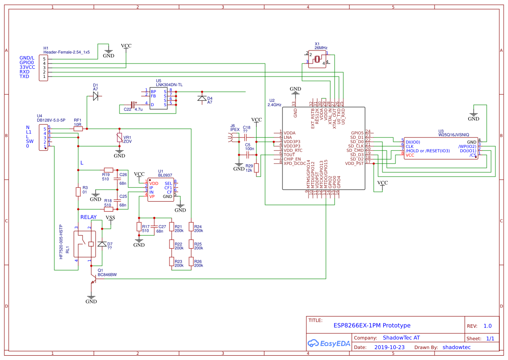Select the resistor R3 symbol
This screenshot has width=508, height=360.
click(78, 191)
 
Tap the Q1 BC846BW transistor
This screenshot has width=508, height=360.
click(93, 278)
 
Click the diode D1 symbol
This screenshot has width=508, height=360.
click(96, 97)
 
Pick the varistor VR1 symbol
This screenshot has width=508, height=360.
click(119, 137)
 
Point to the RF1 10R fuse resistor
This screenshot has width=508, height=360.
click(78, 129)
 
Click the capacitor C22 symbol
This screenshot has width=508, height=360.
click(133, 105)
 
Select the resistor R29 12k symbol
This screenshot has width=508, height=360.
click(256, 168)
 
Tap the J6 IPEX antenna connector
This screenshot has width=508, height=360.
click(231, 138)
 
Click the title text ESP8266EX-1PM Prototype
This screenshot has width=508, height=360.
click(372, 325)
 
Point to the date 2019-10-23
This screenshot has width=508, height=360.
click(389, 347)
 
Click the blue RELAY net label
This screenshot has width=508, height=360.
click(89, 217)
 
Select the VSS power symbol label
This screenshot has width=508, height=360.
click(110, 217)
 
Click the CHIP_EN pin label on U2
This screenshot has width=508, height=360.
click(292, 159)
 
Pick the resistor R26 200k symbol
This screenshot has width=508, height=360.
click(191, 261)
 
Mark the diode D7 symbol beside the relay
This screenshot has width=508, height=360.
click(102, 244)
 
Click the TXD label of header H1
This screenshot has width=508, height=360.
click(24, 77)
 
